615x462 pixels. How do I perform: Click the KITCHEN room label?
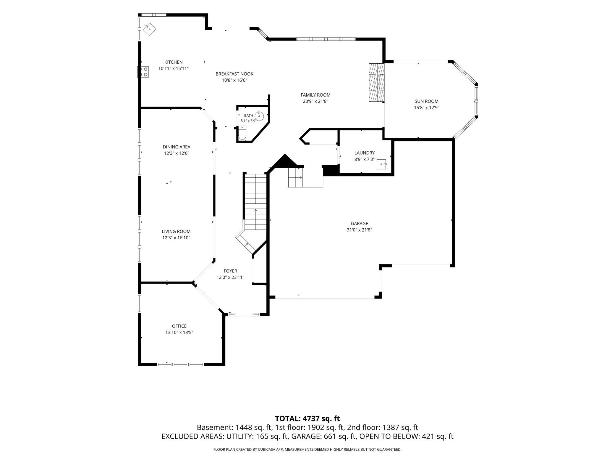click(x=173, y=62)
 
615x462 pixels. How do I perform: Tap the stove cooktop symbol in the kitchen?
click(x=143, y=72)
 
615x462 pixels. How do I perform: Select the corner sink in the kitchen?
click(x=150, y=29)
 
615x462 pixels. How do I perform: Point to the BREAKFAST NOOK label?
click(x=234, y=74)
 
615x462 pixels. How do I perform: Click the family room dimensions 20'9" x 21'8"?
click(x=315, y=101)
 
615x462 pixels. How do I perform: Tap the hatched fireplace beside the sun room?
click(x=377, y=83)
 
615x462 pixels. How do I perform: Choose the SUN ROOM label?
click(x=426, y=101)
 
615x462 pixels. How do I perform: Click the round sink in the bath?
click(x=259, y=116)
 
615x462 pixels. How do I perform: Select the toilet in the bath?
click(x=242, y=133)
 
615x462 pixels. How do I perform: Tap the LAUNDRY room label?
click(x=364, y=153)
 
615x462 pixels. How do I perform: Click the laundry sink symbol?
click(x=382, y=164)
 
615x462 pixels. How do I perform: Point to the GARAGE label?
click(x=360, y=224)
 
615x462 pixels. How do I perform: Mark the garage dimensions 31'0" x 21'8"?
click(x=359, y=230)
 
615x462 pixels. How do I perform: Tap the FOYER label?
click(x=230, y=271)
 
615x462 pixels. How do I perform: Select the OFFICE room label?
click(x=179, y=326)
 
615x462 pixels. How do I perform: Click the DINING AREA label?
click(x=177, y=147)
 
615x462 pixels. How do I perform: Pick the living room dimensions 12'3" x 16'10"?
click(x=176, y=238)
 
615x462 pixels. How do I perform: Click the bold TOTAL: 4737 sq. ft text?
click(x=307, y=418)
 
